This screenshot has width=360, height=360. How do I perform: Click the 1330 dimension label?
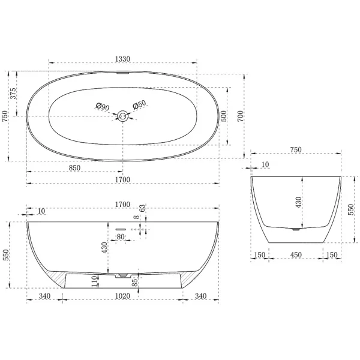122,59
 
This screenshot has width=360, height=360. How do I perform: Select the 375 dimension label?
13,94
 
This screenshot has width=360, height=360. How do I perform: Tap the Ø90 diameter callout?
103,106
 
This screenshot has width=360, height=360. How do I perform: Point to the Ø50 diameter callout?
139,104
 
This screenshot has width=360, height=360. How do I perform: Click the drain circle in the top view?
122,116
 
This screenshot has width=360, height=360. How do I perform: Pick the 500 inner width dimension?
223,116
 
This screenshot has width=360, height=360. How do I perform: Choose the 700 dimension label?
240,116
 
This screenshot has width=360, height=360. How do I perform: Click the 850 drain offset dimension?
75,168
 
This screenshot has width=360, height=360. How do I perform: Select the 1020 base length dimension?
122,296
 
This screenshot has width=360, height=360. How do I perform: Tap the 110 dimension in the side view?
94,281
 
